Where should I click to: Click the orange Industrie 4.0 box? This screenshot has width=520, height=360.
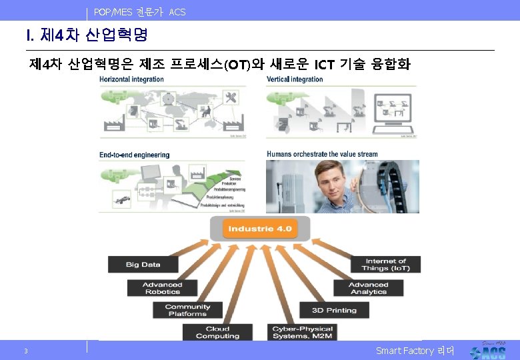click(x=259, y=229)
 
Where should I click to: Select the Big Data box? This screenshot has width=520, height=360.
click(x=143, y=265)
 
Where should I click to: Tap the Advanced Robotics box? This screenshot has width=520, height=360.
click(x=162, y=288)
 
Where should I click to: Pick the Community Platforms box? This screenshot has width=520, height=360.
click(x=187, y=310)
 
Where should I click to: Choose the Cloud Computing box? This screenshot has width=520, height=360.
click(x=217, y=332)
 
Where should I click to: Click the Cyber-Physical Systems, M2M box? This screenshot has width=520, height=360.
click(x=302, y=332)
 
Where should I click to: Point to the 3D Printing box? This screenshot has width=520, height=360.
click(x=334, y=310)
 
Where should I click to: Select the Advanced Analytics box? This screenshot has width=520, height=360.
click(x=368, y=288)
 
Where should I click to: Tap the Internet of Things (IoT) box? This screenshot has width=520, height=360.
click(x=385, y=265)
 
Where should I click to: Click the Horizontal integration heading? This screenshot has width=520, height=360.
click(x=131, y=79)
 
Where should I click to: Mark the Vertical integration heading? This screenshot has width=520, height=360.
click(x=294, y=79)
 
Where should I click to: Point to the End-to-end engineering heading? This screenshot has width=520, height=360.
click(x=134, y=155)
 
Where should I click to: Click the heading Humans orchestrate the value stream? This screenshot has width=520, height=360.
click(x=322, y=154)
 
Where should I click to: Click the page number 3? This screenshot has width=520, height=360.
click(x=25, y=351)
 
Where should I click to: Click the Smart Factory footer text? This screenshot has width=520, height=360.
click(x=414, y=351)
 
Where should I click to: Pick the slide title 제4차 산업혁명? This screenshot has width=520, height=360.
click(x=87, y=34)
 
